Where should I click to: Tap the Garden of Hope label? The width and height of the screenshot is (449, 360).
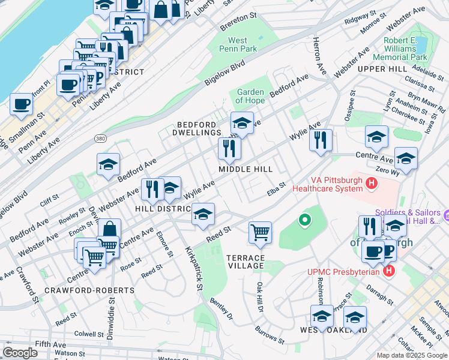point(250,96)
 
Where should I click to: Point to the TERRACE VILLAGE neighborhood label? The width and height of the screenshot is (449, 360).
point(246,262)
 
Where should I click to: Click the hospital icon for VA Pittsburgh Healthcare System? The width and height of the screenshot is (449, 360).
point(372,182)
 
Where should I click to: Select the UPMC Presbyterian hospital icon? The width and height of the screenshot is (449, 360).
point(389,271)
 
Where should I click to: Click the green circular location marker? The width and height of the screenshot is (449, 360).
point(305,220)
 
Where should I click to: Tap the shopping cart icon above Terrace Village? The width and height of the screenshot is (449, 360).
point(260,232)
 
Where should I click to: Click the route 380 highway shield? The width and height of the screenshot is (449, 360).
point(100,139)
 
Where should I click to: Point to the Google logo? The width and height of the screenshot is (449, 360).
point(20,353)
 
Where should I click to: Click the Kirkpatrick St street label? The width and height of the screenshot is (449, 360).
point(193,268)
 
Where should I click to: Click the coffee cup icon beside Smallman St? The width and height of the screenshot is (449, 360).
point(21,104)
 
